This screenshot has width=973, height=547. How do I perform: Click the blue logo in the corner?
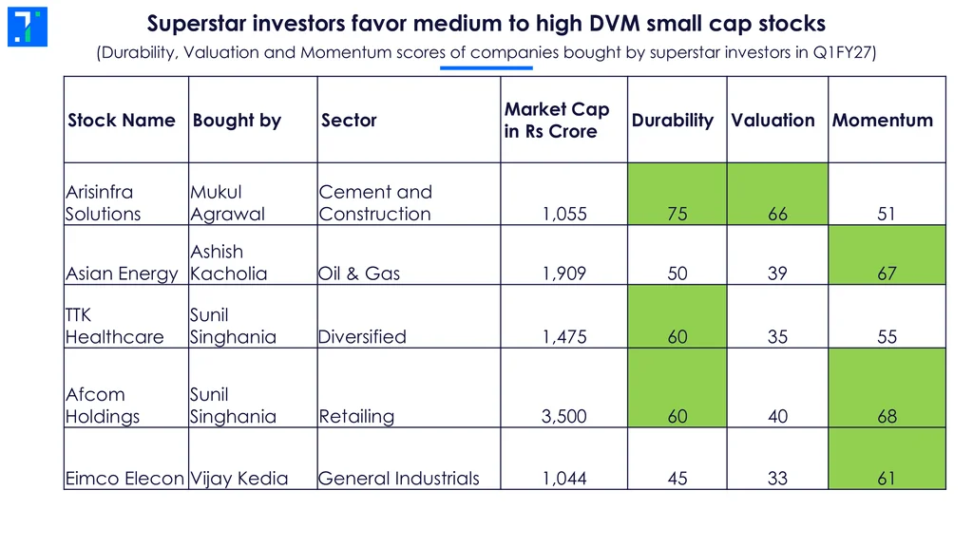tap(28, 27)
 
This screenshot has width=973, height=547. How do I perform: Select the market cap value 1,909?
tap(564, 273)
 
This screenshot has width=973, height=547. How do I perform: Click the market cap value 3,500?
tap(564, 416)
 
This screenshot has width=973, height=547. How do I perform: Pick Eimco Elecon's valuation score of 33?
tap(777, 479)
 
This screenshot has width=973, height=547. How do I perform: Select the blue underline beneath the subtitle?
tap(486, 67)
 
